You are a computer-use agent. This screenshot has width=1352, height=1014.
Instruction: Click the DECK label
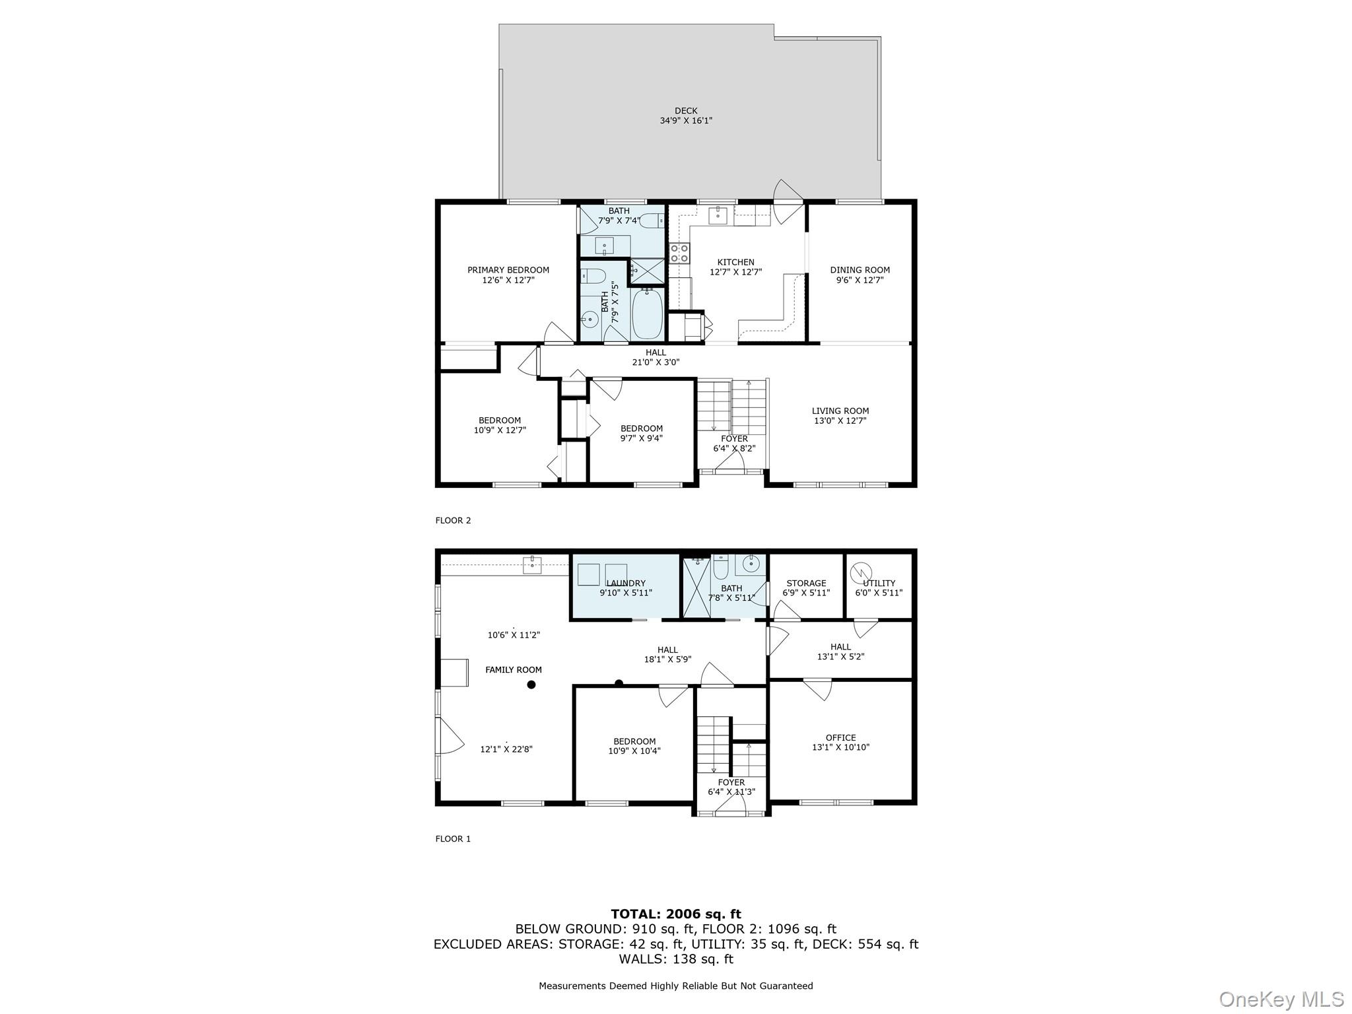pos(686,111)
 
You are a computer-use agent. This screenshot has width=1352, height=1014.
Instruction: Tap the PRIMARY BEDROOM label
pos(508,270)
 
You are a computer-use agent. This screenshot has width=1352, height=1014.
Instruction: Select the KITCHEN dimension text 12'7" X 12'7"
pos(735,272)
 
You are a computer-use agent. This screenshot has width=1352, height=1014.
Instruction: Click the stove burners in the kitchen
pos(679,253)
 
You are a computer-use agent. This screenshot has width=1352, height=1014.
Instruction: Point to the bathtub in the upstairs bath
pos(647,315)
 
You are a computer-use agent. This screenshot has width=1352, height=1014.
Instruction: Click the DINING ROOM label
pos(860,270)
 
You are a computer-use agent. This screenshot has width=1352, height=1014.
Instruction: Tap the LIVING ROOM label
pos(840,411)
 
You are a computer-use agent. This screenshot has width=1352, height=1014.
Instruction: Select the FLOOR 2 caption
pos(453,520)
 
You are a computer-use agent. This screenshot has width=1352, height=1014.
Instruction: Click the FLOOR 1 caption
pos(453,839)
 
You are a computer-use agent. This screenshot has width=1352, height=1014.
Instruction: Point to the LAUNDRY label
pos(626,583)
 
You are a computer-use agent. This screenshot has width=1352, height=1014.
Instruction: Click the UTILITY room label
pos(879,583)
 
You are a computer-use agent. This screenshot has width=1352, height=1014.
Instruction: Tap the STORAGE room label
pos(806,583)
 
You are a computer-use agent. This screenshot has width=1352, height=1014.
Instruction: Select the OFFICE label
pos(840,737)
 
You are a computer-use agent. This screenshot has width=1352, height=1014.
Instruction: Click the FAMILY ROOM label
pos(514,669)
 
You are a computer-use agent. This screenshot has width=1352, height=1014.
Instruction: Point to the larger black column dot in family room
pos(531,685)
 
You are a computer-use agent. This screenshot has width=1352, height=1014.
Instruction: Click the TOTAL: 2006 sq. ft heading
pos(676,914)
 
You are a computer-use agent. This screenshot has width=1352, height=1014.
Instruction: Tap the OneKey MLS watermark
pos(1281,999)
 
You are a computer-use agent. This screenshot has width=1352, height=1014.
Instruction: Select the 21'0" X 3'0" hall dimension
pos(656,362)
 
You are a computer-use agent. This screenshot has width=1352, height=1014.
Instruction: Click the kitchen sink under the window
pos(718,215)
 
